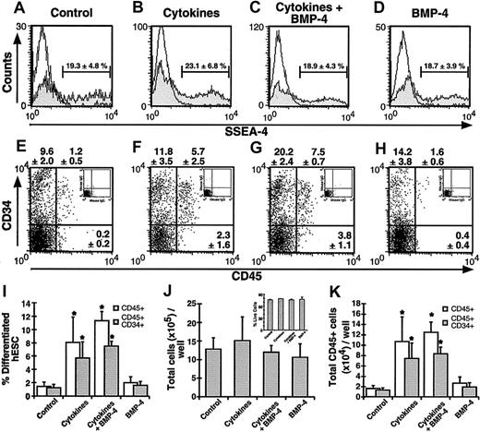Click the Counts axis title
click(8, 61)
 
